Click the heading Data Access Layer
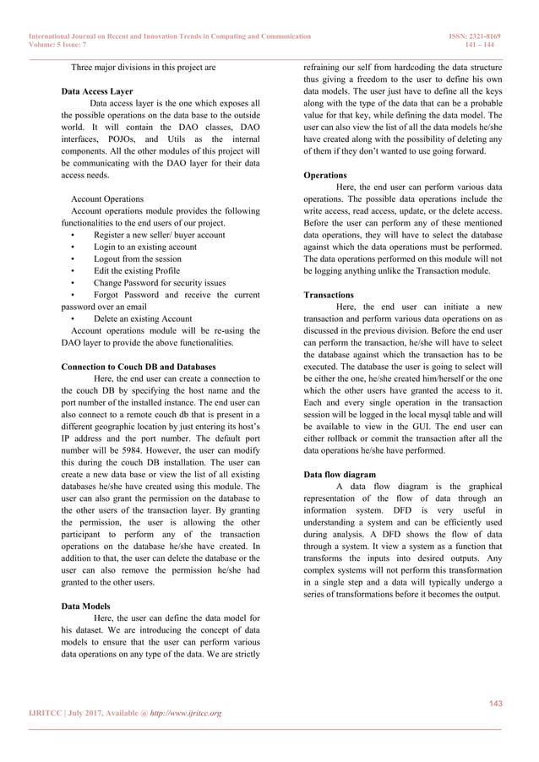click(97, 90)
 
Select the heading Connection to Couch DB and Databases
click(139, 367)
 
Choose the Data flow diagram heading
click(343, 475)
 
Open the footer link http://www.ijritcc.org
click(181, 714)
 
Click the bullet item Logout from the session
click(137, 259)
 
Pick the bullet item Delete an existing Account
click(142, 319)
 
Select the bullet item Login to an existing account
click(144, 248)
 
